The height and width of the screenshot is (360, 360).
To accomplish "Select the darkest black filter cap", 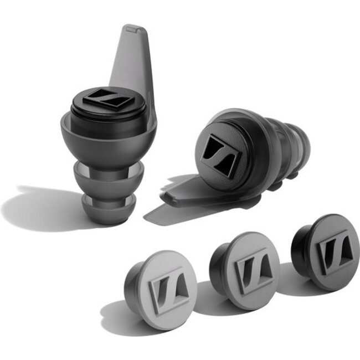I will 327,249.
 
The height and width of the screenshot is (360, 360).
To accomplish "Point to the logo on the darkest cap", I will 332,249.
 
